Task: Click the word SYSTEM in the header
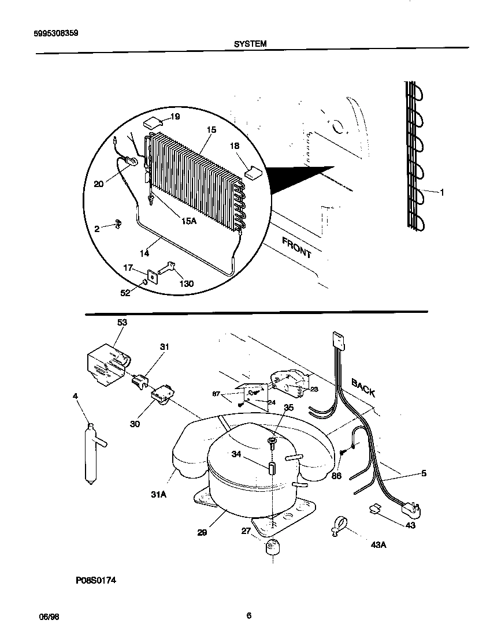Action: click(250, 43)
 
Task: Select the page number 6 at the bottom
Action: click(248, 615)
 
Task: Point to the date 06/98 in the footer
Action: click(49, 617)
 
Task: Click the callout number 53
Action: click(122, 322)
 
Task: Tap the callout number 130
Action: click(186, 283)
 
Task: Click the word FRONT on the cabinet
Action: click(296, 247)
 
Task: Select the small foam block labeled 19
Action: click(152, 122)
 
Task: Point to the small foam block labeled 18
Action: click(253, 171)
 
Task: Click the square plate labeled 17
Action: click(152, 277)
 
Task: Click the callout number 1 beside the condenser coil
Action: click(442, 193)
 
